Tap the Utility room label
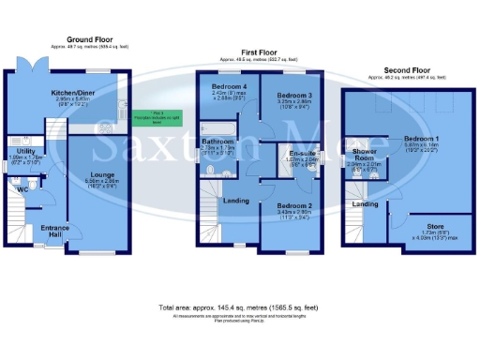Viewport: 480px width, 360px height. pos(26,151)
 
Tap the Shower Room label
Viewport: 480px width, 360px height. pos(364,154)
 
